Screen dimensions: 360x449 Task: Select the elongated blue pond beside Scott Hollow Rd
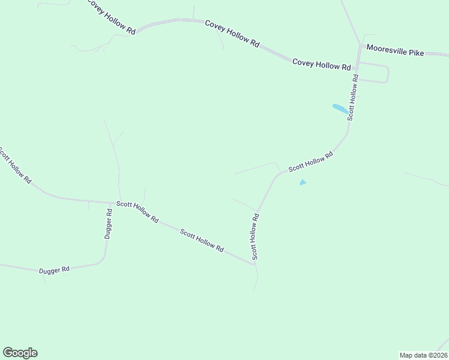click(x=340, y=109)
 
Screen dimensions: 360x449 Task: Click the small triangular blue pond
click(x=303, y=182)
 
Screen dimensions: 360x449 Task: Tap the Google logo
click(x=20, y=353)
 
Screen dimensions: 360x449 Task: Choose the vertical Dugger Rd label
click(x=109, y=225)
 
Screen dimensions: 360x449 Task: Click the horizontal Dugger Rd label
click(x=55, y=270)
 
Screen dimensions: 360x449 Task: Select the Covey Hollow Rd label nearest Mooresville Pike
click(x=321, y=65)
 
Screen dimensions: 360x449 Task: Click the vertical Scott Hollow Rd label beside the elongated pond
click(x=354, y=97)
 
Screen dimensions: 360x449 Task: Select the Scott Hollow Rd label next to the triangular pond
click(x=310, y=163)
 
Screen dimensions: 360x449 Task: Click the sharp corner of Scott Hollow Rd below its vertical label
click(x=254, y=263)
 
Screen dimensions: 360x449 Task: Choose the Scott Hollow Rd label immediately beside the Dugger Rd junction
click(x=137, y=212)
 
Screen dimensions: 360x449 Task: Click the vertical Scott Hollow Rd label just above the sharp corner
click(x=255, y=236)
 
